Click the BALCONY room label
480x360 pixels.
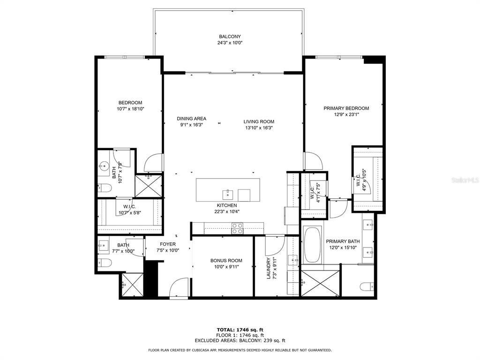pos(230,37)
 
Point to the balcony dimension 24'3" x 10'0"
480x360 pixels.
pos(230,43)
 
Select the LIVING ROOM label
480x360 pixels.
pos(259,121)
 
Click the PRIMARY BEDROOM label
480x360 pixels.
pos(346,108)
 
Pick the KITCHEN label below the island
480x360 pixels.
pos(226,205)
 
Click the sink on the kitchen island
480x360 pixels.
pos(226,193)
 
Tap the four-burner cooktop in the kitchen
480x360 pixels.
pos(238,228)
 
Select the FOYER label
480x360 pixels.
pos(168,244)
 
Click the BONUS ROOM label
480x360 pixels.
pos(226,261)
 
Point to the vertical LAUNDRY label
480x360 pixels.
pos(269,269)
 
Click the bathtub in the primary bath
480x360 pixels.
pos(312,245)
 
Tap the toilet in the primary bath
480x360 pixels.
pos(366,286)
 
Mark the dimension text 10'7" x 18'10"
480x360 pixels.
pos(130,109)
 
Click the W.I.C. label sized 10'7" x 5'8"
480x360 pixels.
pos(130,207)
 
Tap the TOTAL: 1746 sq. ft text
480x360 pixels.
pos(240,330)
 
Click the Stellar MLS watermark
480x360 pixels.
pos(464,179)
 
